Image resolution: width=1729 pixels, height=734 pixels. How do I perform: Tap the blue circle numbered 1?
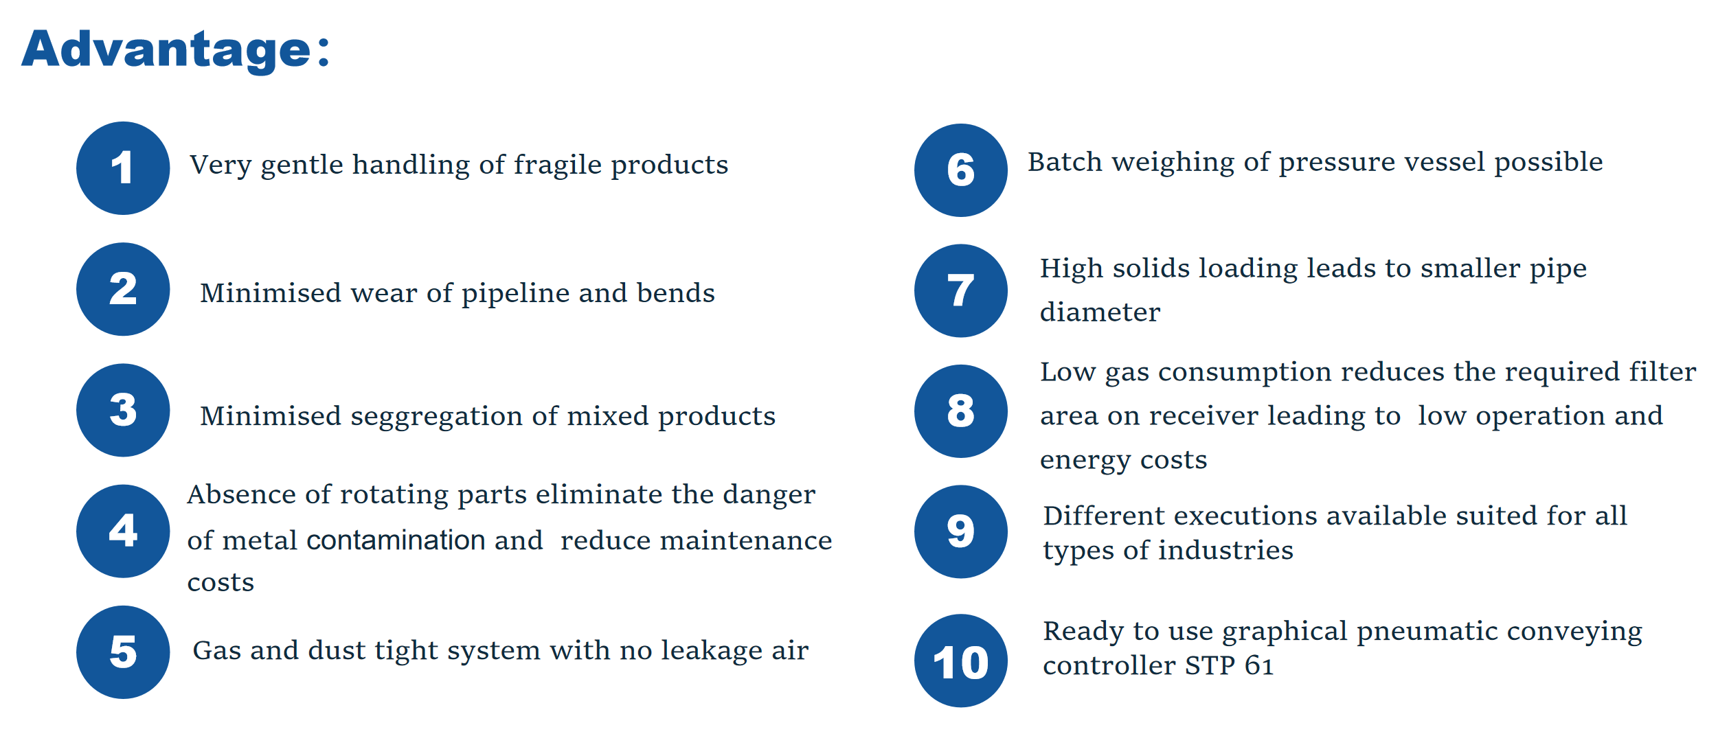[123, 168]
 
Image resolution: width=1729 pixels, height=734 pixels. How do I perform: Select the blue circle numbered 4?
[123, 531]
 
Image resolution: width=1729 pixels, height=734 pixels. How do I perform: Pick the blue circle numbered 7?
[961, 290]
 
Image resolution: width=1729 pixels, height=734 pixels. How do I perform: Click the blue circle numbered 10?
[961, 661]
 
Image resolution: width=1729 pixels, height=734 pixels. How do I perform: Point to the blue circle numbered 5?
[123, 652]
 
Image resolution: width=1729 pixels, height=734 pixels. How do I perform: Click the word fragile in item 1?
[558, 165]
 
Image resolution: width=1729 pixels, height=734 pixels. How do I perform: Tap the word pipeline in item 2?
[515, 294]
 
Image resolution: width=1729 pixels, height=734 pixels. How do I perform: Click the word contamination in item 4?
[396, 540]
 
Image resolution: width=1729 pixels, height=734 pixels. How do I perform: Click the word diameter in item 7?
[1100, 312]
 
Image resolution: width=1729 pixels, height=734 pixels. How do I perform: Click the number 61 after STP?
[1259, 665]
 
